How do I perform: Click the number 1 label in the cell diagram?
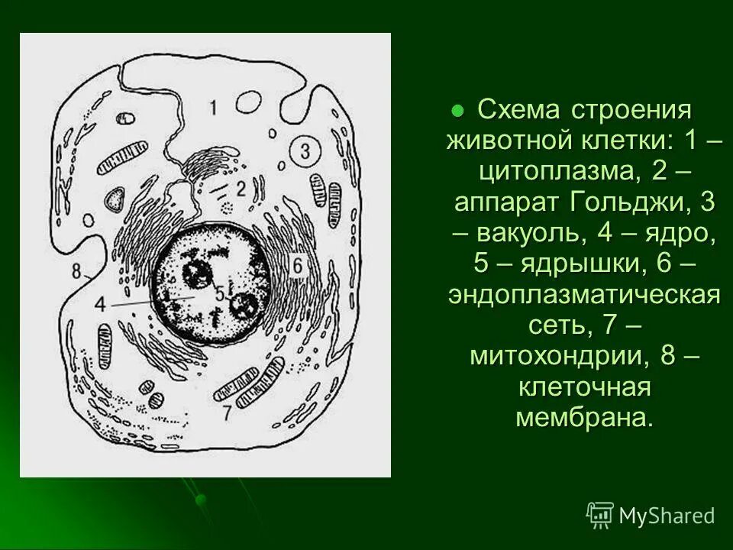tap(214, 107)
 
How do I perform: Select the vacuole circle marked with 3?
tap(305, 151)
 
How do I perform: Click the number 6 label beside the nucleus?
tap(298, 265)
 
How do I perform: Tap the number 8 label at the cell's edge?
tap(77, 270)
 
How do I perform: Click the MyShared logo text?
tap(667, 516)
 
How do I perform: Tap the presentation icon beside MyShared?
tap(600, 515)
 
